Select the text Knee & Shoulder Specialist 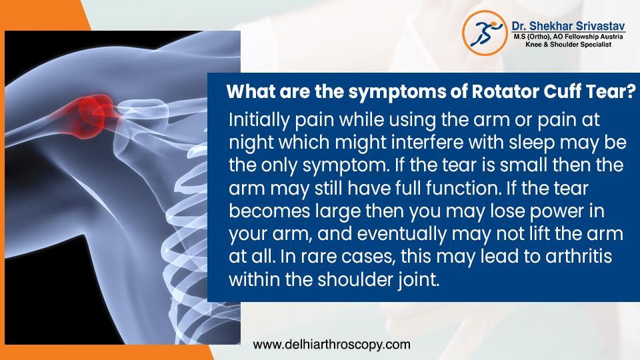(x=567, y=43)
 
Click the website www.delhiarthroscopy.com (x=331, y=345)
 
